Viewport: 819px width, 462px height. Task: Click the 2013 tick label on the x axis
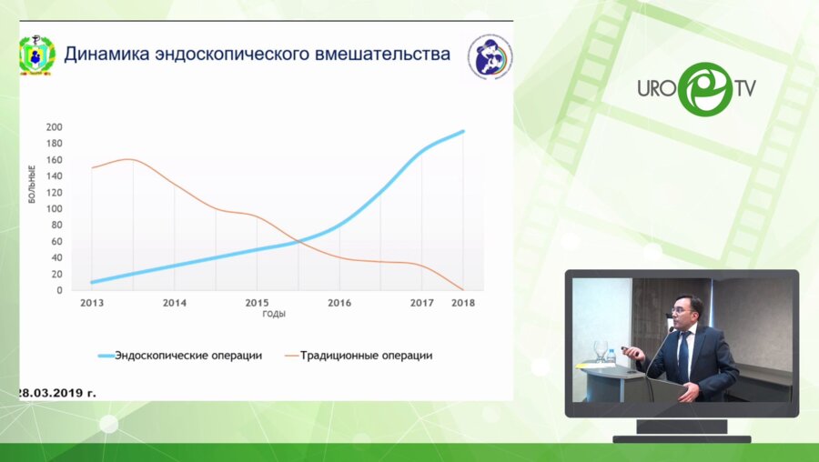click(92, 303)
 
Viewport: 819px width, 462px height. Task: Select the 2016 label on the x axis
click(339, 303)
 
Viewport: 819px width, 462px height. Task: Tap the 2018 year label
click(462, 303)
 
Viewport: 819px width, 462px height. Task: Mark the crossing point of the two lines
click(298, 242)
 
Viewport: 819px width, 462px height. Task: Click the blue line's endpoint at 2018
click(463, 131)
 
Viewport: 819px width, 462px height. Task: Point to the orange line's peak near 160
click(131, 159)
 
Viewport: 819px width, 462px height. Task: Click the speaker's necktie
click(682, 356)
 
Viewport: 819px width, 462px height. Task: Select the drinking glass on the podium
click(601, 350)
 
